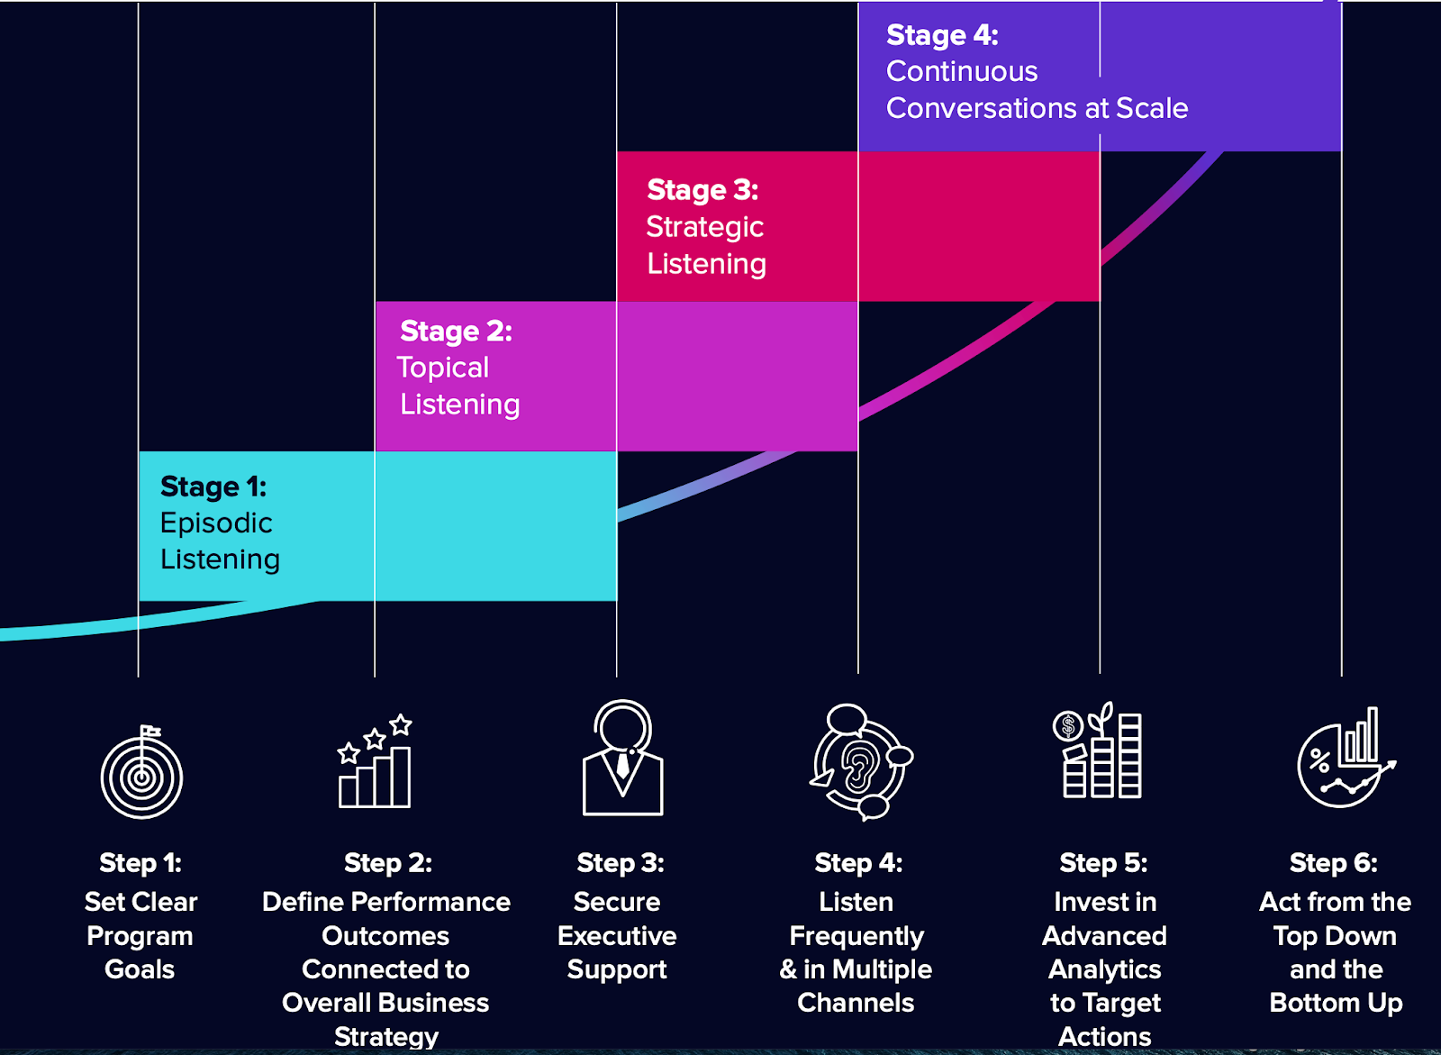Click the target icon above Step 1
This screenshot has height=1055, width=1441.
click(x=141, y=774)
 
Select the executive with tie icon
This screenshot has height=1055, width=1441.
click(x=622, y=759)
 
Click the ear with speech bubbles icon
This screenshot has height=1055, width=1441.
click(x=861, y=762)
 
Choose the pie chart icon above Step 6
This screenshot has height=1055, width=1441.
click(x=1345, y=759)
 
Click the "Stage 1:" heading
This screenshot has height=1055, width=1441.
click(x=213, y=487)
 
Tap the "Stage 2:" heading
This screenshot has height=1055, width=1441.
click(x=456, y=332)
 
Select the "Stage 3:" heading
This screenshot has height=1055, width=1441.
click(x=702, y=190)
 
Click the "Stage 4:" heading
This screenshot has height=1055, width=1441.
click(x=942, y=35)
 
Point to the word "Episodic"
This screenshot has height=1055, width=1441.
click(x=216, y=523)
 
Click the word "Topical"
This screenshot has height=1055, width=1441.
click(x=443, y=368)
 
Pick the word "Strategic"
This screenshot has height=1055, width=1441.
click(x=704, y=227)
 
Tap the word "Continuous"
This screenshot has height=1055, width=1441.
click(x=962, y=71)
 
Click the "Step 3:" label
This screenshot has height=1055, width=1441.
click(x=621, y=863)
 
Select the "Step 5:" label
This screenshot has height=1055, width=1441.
click(x=1103, y=863)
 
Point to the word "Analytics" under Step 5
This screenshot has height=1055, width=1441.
click(x=1104, y=970)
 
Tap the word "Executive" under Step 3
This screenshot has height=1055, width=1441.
click(x=617, y=936)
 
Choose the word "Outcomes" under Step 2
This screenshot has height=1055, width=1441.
click(x=385, y=936)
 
